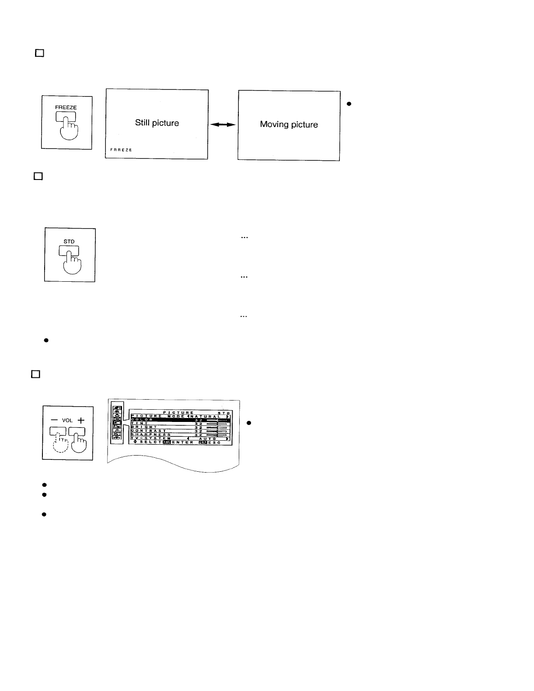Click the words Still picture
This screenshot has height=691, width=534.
tap(157, 123)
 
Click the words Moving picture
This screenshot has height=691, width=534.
tap(289, 124)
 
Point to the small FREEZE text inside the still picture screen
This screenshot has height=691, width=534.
tap(121, 150)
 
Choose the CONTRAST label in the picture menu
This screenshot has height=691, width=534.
tap(148, 431)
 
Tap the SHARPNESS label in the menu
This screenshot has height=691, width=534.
tap(150, 435)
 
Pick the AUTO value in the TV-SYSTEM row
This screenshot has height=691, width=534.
tap(207, 439)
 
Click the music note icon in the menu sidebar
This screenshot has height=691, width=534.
tap(117, 430)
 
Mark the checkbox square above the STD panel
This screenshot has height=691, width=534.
tap(38, 176)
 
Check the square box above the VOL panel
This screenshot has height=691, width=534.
tap(35, 374)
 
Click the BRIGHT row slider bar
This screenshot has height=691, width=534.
tap(217, 427)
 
